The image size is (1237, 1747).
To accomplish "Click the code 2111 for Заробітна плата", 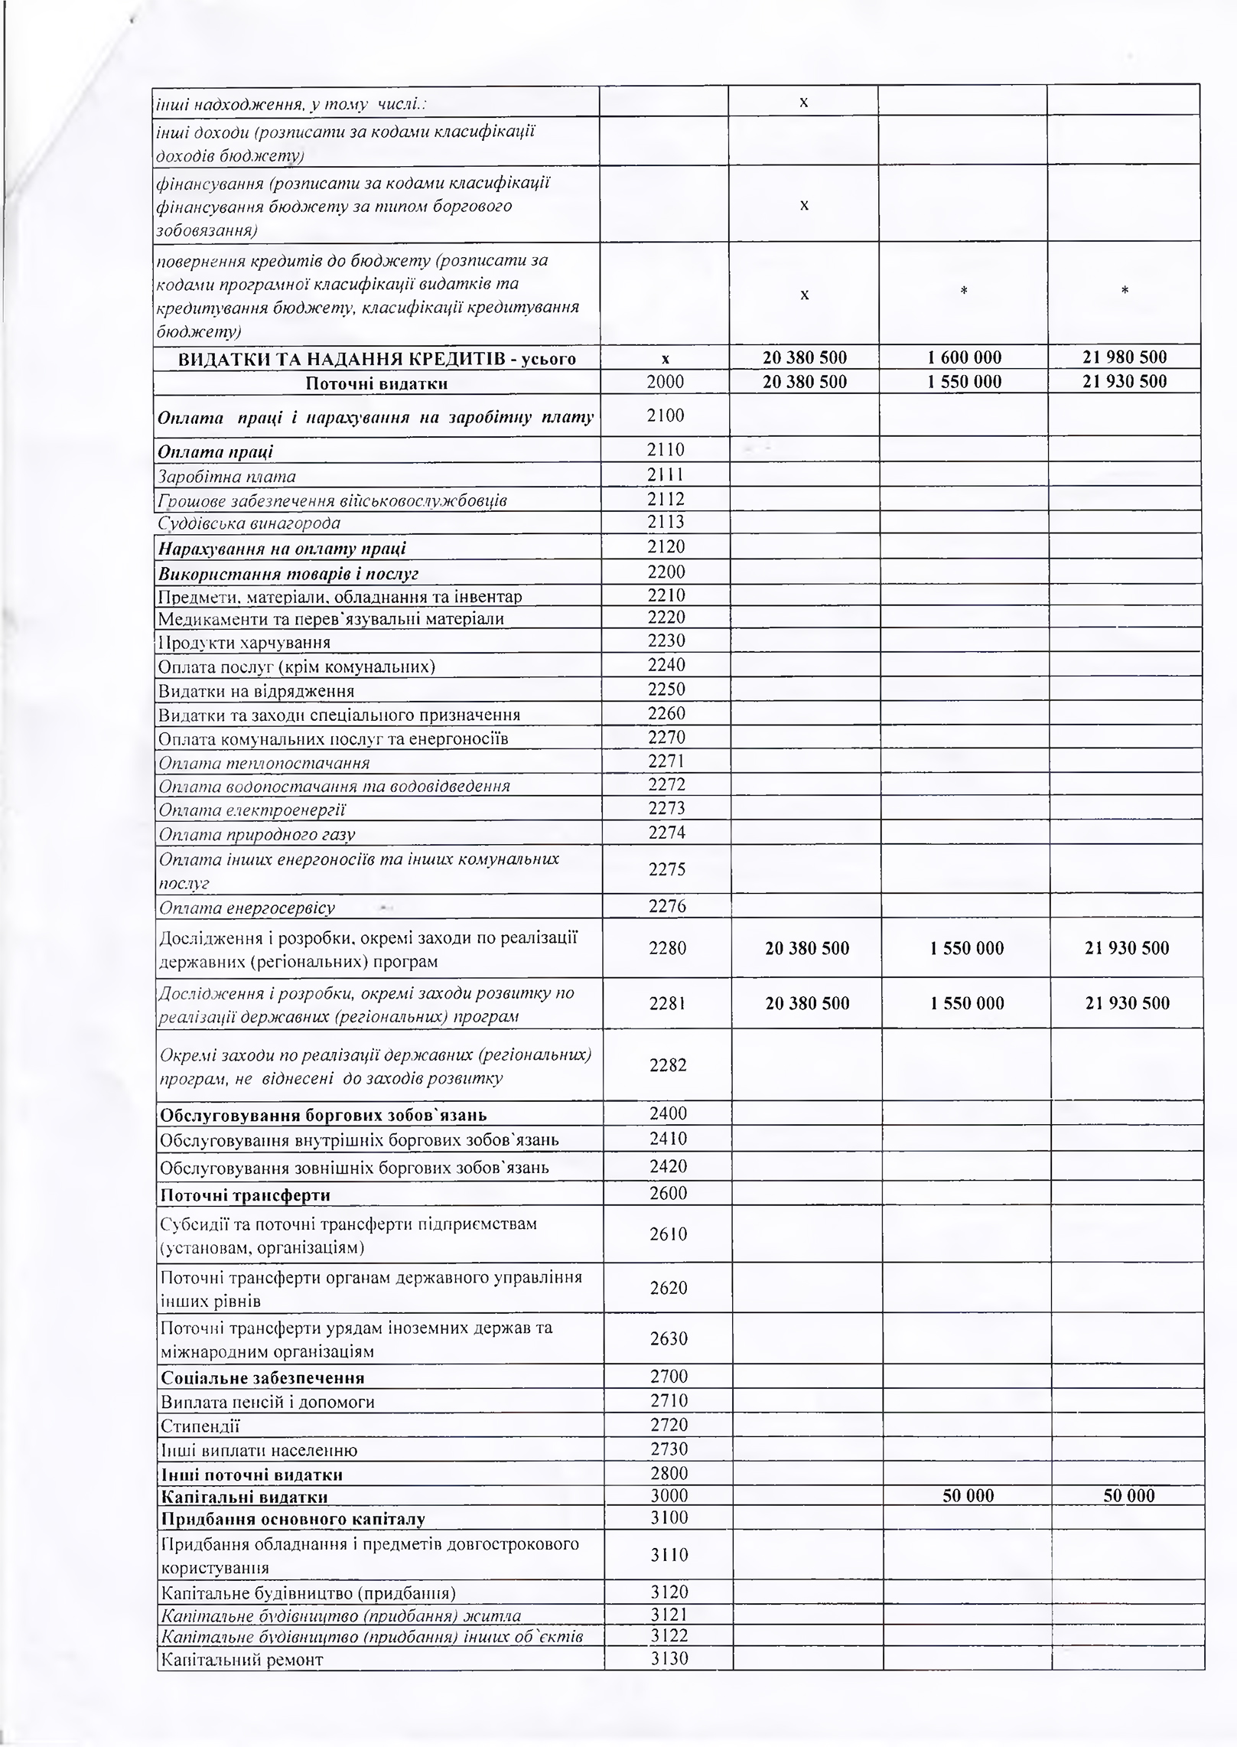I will tap(666, 475).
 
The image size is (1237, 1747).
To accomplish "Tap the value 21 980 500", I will tap(1124, 357).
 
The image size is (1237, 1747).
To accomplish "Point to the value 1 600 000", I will tap(964, 357).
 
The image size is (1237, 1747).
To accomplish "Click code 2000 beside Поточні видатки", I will tap(666, 382).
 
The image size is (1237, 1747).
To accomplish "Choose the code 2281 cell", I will tap(667, 1003).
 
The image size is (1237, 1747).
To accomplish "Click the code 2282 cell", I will tap(667, 1064).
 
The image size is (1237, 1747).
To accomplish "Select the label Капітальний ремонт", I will tap(242, 1659).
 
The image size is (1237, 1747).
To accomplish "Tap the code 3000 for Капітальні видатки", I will tap(669, 1495).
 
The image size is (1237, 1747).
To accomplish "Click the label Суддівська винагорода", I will tap(249, 523).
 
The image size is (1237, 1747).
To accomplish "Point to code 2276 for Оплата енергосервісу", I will tap(667, 906).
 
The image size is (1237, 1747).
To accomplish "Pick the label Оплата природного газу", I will tap(257, 833).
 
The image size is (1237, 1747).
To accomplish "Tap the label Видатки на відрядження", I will tap(256, 691).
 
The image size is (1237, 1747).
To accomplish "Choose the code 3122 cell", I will tap(669, 1635).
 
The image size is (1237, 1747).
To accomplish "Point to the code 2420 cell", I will tap(668, 1166).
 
